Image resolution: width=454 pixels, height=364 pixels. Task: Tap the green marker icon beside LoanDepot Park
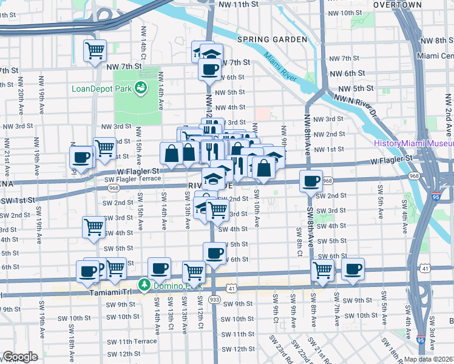(141, 88)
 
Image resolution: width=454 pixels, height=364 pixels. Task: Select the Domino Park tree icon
(144, 284)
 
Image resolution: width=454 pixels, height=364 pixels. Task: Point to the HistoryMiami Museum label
(413, 144)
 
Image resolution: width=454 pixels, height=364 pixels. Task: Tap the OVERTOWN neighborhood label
(397, 4)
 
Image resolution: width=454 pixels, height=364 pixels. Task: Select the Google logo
(19, 357)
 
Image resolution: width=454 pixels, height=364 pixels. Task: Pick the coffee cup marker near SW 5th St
(214, 252)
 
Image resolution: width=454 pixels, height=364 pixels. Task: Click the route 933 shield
(214, 299)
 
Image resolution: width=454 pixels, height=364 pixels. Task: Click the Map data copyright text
(429, 359)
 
